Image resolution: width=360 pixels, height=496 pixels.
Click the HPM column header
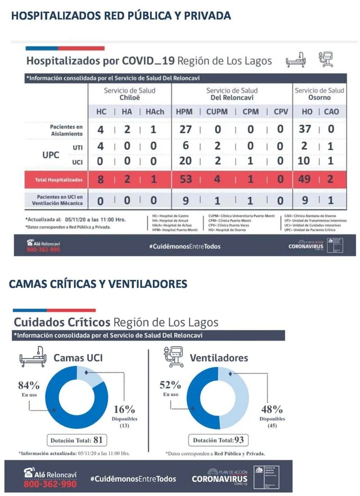(184, 111)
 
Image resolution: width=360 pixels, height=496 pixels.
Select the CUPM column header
(217, 111)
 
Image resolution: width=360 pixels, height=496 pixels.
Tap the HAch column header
(155, 111)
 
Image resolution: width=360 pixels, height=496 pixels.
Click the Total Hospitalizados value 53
(184, 180)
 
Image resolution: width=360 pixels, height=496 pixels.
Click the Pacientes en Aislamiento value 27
(185, 129)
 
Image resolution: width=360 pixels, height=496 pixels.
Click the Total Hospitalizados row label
(55, 180)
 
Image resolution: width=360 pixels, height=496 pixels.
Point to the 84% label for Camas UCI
(29, 386)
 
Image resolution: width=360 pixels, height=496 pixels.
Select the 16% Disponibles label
(124, 409)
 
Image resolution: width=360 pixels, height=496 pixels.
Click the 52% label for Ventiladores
(170, 386)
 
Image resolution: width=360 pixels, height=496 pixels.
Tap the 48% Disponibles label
(272, 409)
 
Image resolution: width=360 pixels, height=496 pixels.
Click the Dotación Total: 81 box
(78, 440)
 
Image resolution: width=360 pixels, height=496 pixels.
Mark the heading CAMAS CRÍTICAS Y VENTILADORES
(98, 284)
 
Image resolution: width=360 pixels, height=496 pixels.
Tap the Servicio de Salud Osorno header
(319, 93)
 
